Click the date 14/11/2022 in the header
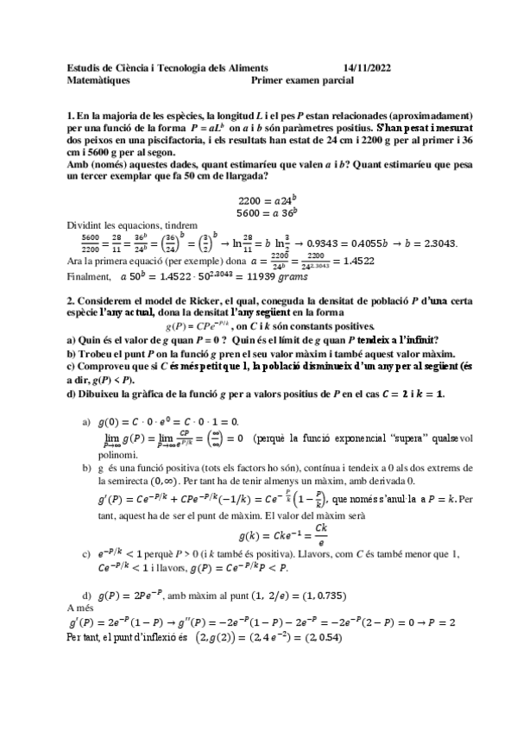(367, 66)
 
